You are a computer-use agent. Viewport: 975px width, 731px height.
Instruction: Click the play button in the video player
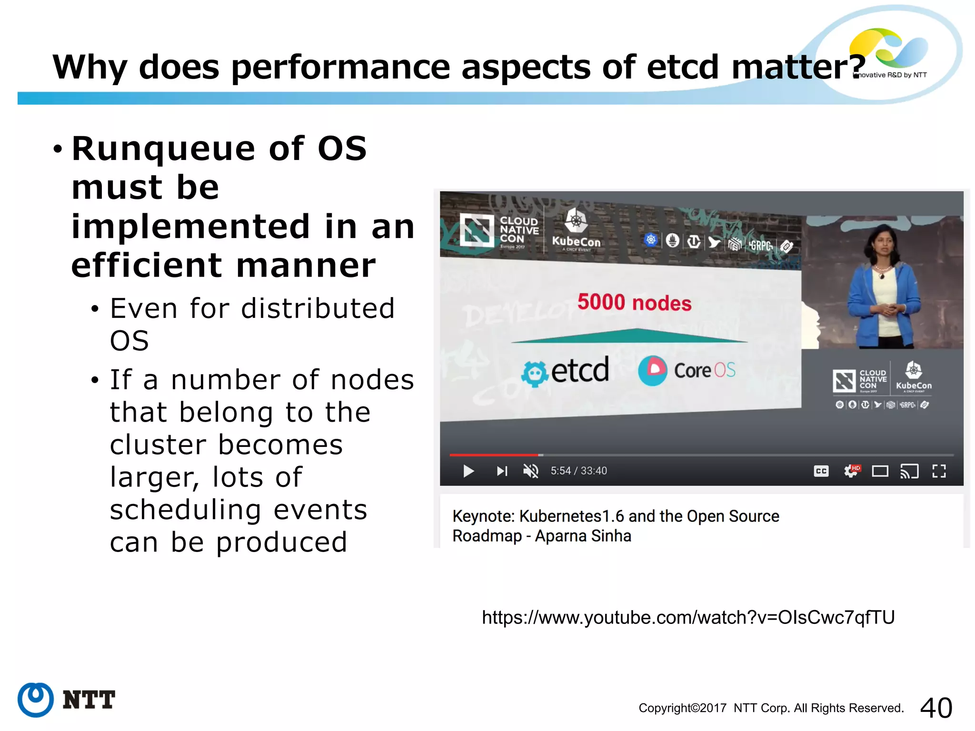tap(468, 471)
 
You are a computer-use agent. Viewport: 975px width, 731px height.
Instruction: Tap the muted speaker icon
tap(530, 471)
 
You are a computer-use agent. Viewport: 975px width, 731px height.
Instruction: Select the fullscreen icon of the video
tap(939, 471)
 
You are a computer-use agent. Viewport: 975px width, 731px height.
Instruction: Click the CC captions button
tap(821, 471)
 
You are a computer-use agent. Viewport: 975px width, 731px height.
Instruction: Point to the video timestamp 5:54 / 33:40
tap(578, 471)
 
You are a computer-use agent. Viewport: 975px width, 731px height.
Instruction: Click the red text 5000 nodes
tap(634, 303)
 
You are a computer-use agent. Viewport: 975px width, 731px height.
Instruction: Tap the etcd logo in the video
tap(566, 371)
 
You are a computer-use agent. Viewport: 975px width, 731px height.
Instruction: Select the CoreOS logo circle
tap(653, 370)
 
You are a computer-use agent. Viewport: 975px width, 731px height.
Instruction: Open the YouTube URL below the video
tap(688, 617)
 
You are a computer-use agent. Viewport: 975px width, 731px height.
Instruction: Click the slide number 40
tap(936, 708)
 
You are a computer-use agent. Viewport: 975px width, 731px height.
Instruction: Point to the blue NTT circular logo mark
tap(35, 700)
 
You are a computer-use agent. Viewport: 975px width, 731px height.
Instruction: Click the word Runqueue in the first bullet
tap(163, 148)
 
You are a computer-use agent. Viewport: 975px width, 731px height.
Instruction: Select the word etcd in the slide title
tap(682, 67)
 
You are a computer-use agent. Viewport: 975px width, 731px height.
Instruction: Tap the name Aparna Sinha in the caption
tap(583, 536)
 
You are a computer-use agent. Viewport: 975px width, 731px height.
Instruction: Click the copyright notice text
tap(771, 708)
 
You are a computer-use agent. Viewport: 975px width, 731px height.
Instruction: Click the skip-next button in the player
tap(502, 471)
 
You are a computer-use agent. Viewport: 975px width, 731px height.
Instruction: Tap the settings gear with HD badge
tap(851, 471)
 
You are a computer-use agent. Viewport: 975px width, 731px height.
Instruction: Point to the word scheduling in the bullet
tap(185, 510)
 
